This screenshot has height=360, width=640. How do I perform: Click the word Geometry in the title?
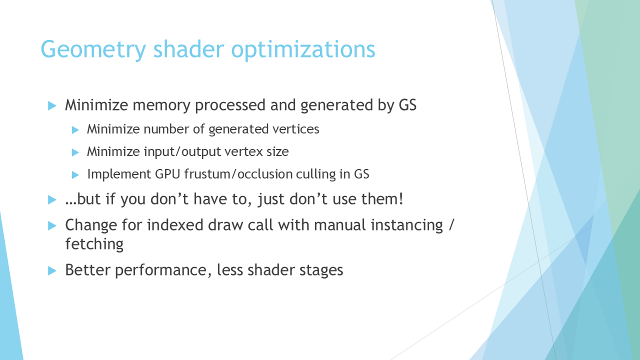pos(93,49)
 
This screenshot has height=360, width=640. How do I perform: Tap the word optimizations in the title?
pos(303,49)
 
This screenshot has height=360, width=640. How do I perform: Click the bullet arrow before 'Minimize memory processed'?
pos(52,105)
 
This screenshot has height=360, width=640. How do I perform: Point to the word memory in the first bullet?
pos(161,105)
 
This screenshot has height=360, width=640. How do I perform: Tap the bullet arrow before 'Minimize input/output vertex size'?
pos(75,152)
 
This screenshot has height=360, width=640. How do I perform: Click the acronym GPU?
pos(167,174)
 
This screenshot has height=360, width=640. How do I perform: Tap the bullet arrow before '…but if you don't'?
pos(52,199)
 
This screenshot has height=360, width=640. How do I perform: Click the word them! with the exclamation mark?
pos(382,199)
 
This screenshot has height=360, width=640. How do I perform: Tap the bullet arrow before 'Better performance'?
pos(52,270)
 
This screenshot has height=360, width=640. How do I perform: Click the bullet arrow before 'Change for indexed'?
pos(52,226)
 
